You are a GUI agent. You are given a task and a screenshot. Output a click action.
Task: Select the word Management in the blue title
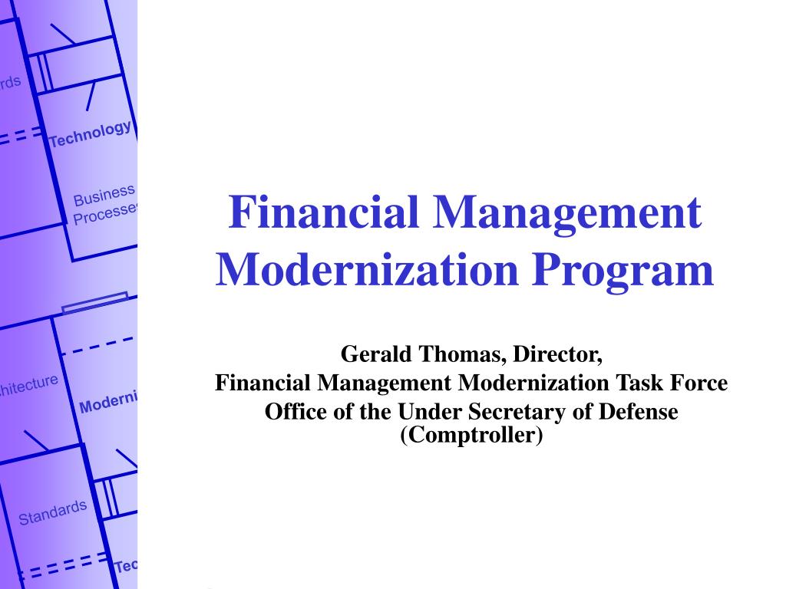[x=569, y=213]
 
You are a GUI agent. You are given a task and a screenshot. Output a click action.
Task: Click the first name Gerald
[x=372, y=355]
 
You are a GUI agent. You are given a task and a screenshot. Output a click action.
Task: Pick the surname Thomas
[x=460, y=355]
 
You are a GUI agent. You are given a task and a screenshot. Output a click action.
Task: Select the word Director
[x=558, y=355]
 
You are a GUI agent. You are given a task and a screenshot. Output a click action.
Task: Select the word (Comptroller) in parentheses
[x=471, y=436]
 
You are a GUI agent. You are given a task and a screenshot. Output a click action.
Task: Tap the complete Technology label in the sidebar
[x=90, y=134]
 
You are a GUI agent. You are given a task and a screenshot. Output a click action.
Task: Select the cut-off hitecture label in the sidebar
[x=28, y=386]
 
